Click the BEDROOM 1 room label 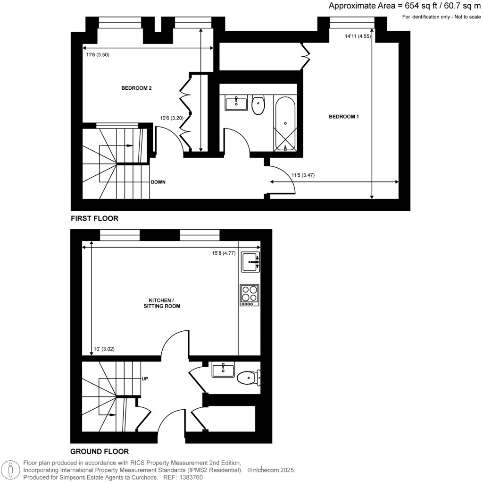pos(344,117)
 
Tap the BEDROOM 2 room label pos(136,88)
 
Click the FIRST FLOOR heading pos(94,218)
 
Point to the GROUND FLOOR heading pos(100,451)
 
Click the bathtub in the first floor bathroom pos(285,123)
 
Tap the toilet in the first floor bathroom pos(258,105)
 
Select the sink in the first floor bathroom pos(236,103)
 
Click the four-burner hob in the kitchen pos(249,294)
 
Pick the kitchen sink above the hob pos(250,262)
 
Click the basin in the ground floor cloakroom pos(223,370)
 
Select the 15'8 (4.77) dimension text pos(224,253)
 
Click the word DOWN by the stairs pos(158,182)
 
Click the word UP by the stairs pos(145,379)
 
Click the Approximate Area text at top pos(404,6)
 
